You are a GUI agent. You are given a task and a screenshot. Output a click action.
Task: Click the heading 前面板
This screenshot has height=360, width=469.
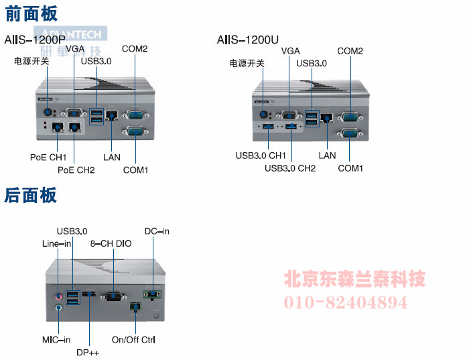31,13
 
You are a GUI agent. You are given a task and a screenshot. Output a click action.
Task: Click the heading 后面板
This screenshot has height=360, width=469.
31,195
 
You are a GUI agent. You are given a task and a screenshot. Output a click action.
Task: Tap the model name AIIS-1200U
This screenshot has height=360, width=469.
248,40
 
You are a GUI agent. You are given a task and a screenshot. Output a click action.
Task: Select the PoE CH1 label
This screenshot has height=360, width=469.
48,157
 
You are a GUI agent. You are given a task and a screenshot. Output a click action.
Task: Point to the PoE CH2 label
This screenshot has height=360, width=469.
76,170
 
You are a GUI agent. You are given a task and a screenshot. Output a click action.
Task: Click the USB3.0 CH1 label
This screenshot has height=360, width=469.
261,156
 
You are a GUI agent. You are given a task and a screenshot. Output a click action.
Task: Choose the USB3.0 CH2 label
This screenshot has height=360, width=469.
290,168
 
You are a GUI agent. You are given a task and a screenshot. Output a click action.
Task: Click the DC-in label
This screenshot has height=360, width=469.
157,231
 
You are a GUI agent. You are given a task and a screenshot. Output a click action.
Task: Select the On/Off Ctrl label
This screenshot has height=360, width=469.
133,340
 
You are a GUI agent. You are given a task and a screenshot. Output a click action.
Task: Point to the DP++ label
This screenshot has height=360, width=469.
88,352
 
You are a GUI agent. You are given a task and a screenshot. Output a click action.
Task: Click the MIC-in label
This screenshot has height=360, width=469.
56,340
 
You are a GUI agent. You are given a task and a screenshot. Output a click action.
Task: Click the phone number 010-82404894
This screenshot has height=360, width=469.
346,302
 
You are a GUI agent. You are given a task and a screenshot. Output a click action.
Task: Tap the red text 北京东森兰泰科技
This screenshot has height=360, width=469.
355,278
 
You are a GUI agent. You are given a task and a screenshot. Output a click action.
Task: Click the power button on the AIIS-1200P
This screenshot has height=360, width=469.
48,112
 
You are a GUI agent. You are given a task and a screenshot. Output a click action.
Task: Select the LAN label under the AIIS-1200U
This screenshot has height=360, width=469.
327,156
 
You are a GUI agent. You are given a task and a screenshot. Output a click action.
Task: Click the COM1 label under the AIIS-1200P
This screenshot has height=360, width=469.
135,170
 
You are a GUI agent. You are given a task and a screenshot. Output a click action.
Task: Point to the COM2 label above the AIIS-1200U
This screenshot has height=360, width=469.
350,51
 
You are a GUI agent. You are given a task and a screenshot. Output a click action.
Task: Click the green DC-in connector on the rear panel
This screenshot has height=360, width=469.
152,293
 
